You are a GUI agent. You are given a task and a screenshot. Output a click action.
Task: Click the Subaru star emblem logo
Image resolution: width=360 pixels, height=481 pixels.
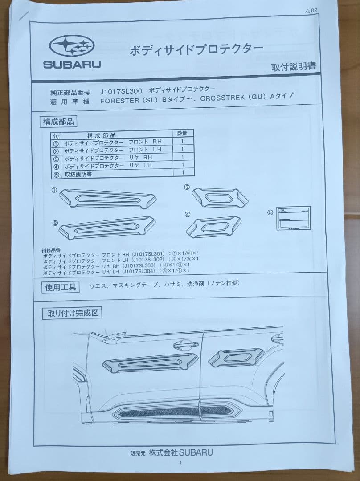click(x=72, y=46)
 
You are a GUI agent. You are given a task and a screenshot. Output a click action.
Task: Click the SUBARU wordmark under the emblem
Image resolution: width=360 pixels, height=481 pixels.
click(x=72, y=64)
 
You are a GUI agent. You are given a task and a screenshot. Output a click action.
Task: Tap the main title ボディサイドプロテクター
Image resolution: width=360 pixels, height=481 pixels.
click(x=196, y=49)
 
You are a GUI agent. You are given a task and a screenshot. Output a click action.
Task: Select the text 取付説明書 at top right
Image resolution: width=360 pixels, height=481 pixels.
click(x=293, y=67)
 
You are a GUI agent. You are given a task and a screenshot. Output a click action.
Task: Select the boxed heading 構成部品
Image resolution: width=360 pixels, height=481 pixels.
click(x=58, y=121)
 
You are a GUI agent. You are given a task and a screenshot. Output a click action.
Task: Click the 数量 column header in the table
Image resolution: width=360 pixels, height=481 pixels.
click(x=182, y=133)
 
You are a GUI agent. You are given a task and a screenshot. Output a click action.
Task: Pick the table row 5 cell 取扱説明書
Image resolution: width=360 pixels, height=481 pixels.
click(x=78, y=175)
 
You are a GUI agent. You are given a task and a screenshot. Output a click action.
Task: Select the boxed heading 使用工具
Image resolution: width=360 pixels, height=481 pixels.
click(x=61, y=287)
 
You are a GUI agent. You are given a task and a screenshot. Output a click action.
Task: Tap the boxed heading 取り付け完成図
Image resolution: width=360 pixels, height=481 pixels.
click(x=72, y=314)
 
